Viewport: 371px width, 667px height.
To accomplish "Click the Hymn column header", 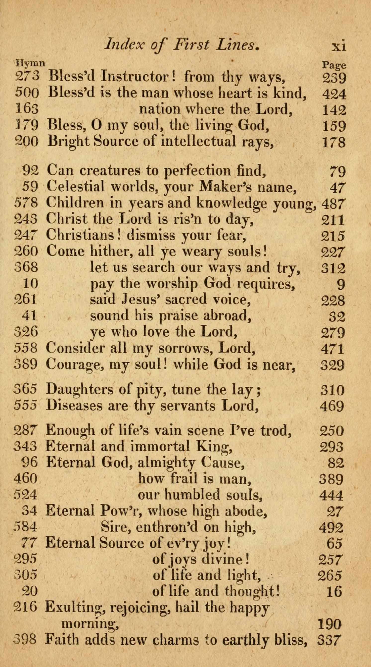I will pos(30,63).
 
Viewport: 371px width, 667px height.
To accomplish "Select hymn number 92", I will pos(31,170).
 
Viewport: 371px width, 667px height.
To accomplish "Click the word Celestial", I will pos(76,186).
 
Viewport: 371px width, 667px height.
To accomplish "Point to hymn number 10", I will pos(31,284).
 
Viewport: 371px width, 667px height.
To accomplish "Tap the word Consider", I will pos(76,348).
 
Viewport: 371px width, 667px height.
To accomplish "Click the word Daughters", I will pos(79,390).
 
